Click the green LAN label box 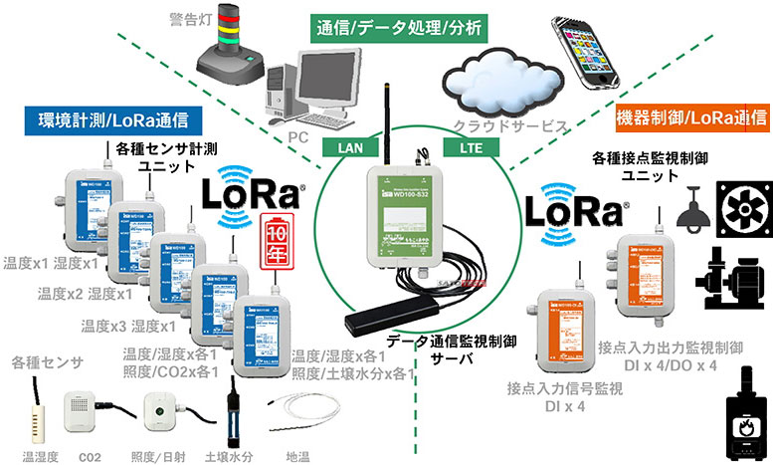pyautogui.click(x=351, y=146)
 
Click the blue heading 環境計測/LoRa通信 pyautogui.click(x=108, y=121)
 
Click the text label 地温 pyautogui.click(x=297, y=455)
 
